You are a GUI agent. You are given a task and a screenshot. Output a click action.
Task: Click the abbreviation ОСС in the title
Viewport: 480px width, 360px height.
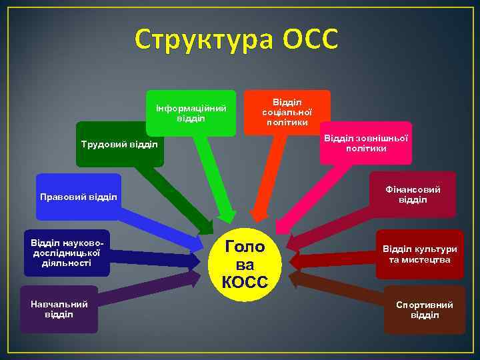[x=310, y=40]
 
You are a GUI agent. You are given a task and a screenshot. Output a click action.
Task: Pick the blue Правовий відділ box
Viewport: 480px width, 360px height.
[x=79, y=197]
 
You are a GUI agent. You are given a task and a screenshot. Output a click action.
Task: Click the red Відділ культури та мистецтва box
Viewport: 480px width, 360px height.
[x=420, y=254]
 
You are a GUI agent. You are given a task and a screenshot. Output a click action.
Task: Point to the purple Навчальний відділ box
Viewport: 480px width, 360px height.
[x=59, y=309]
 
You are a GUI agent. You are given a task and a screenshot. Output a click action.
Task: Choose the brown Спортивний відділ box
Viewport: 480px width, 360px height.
[x=424, y=309]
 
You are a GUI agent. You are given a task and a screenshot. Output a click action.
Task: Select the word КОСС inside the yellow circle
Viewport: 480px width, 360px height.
[x=245, y=283]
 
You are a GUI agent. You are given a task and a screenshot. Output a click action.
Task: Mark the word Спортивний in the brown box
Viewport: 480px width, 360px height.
[x=424, y=305]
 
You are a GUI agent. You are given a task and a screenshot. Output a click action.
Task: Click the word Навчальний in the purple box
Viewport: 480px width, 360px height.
[x=59, y=304]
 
